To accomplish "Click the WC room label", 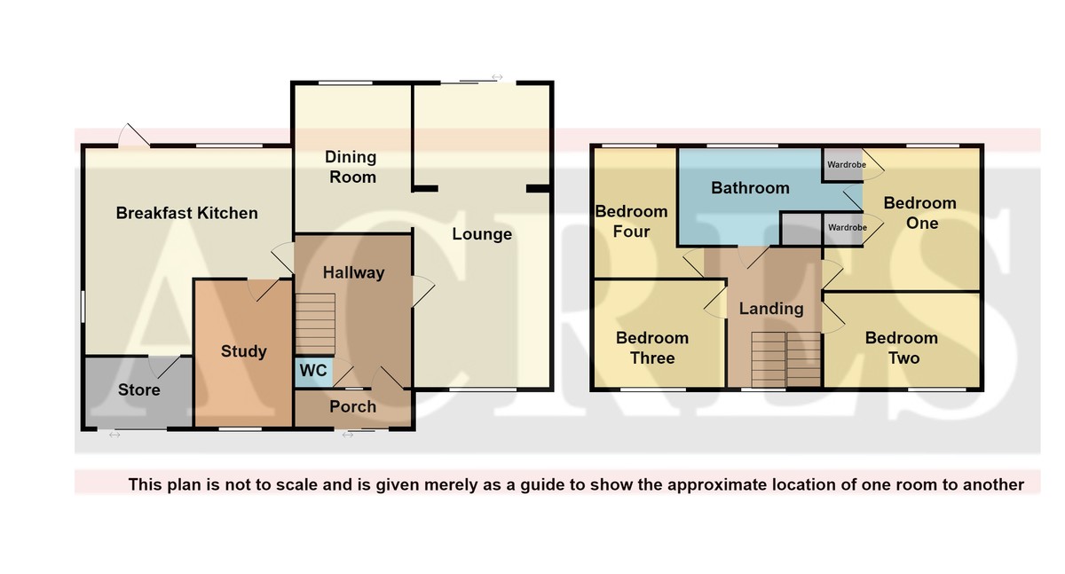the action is pos(313,370).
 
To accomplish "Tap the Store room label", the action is pos(138,389).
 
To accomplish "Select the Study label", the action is pos(243,351).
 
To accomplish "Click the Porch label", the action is pos(353,406).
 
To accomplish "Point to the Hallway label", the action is pos(353,272).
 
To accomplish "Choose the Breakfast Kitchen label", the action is pos(187,213).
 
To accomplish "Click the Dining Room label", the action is pos(351,167).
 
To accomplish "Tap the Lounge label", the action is pos(482,234).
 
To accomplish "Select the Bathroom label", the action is pos(750,188).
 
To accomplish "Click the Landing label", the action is pos(771,309).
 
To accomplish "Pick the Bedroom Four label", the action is pos(631,222).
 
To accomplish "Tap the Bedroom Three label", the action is pos(652,348).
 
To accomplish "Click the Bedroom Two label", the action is pos(902,348).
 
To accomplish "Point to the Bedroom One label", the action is pos(920,213).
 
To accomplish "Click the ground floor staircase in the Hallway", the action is pos(315,324).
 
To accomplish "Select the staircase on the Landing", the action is pos(786,359).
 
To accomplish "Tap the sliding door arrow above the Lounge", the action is pos(497,77).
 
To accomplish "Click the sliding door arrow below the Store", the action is pos(114,435).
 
